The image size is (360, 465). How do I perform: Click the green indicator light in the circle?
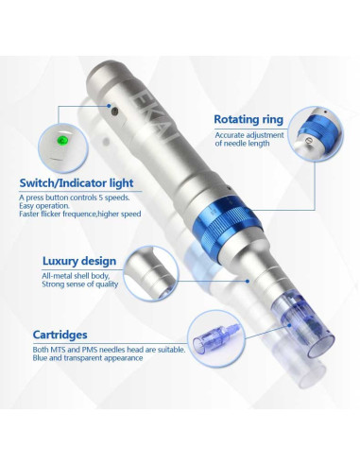point(62,140)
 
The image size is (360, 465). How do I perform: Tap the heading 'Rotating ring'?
point(249,119)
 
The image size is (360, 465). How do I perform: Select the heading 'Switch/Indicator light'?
point(77,183)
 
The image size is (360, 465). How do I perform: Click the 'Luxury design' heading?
point(79,261)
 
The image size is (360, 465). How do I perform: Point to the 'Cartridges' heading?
point(60,335)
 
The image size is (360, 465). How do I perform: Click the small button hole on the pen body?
point(114,111)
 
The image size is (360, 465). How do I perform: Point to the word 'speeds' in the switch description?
point(118,198)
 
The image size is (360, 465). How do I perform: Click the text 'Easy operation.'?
point(44,206)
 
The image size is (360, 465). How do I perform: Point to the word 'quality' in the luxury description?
point(108,284)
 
